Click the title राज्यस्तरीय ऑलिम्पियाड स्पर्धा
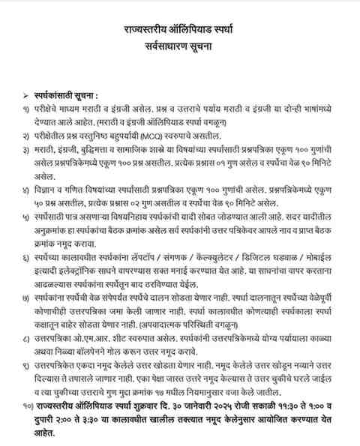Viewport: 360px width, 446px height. (179, 28)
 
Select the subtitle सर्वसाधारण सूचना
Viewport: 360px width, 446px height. (179, 46)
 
